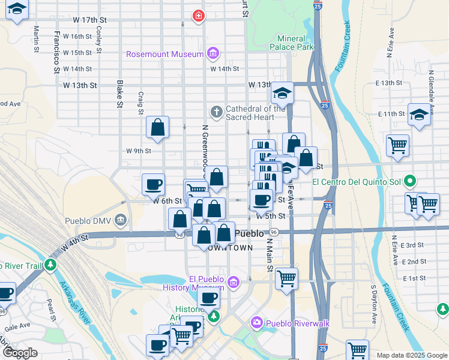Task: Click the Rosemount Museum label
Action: point(165,54)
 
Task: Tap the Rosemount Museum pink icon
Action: point(212,54)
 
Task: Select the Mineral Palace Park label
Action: point(292,43)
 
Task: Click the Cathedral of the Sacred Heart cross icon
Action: point(216,112)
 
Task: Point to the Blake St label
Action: point(120,95)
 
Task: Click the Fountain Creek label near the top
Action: point(347,39)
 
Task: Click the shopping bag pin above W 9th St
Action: point(157,127)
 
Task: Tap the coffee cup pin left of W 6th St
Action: point(154,184)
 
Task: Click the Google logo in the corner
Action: point(20,353)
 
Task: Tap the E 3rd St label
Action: point(412,245)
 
